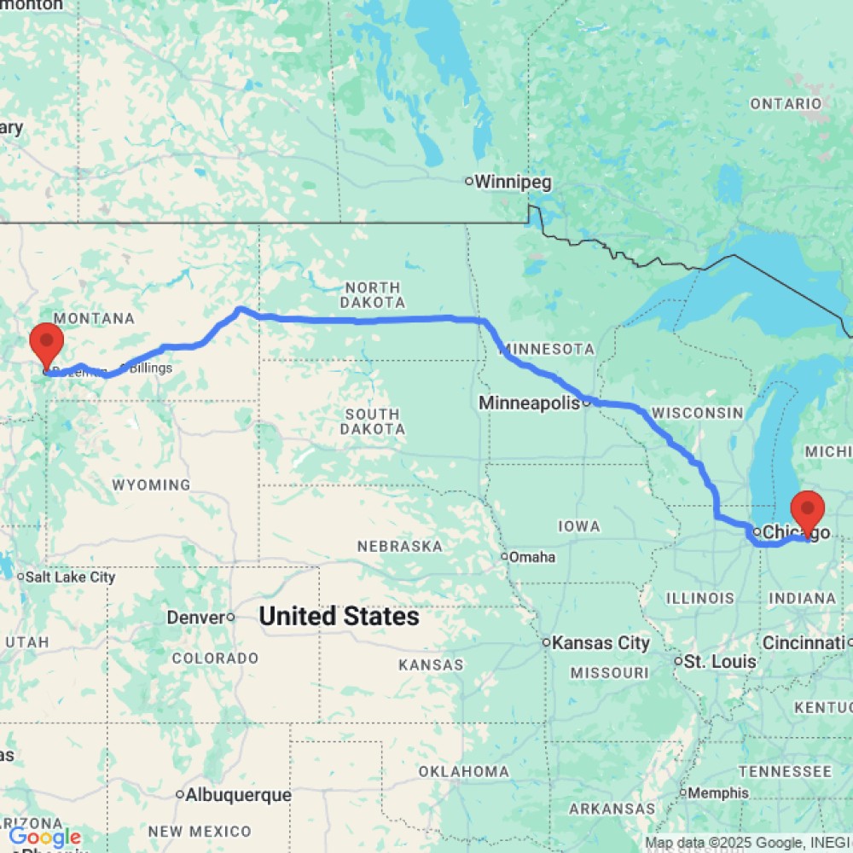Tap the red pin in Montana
(x=46, y=343)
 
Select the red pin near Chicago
(x=807, y=510)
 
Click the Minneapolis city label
(x=530, y=403)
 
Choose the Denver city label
(x=195, y=617)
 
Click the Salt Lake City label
(x=70, y=577)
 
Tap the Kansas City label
(x=601, y=643)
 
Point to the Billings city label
(x=150, y=368)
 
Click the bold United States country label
(x=339, y=617)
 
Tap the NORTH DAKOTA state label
(x=372, y=295)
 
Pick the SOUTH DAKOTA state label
(x=372, y=421)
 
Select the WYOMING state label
(x=151, y=485)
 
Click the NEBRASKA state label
(x=400, y=546)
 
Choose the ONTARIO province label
(x=786, y=104)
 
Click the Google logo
(x=44, y=837)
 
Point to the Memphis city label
(x=720, y=792)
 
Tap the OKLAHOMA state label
(x=463, y=772)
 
